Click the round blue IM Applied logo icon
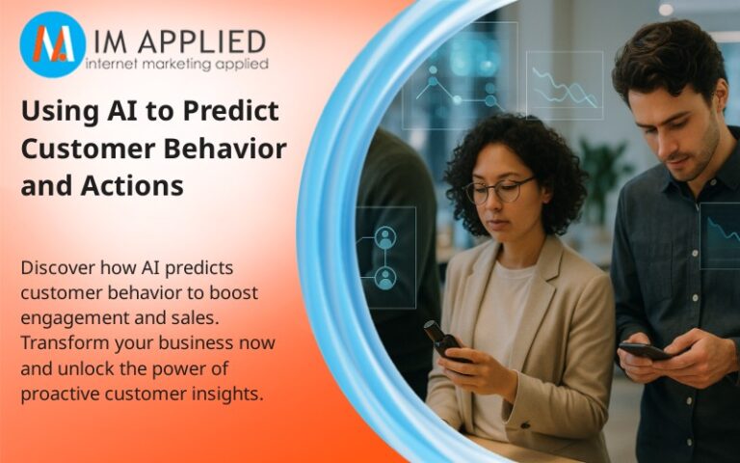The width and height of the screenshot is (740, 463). click(x=52, y=44)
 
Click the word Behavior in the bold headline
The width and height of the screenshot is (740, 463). click(x=235, y=149)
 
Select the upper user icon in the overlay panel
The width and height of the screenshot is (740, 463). click(x=385, y=237)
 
